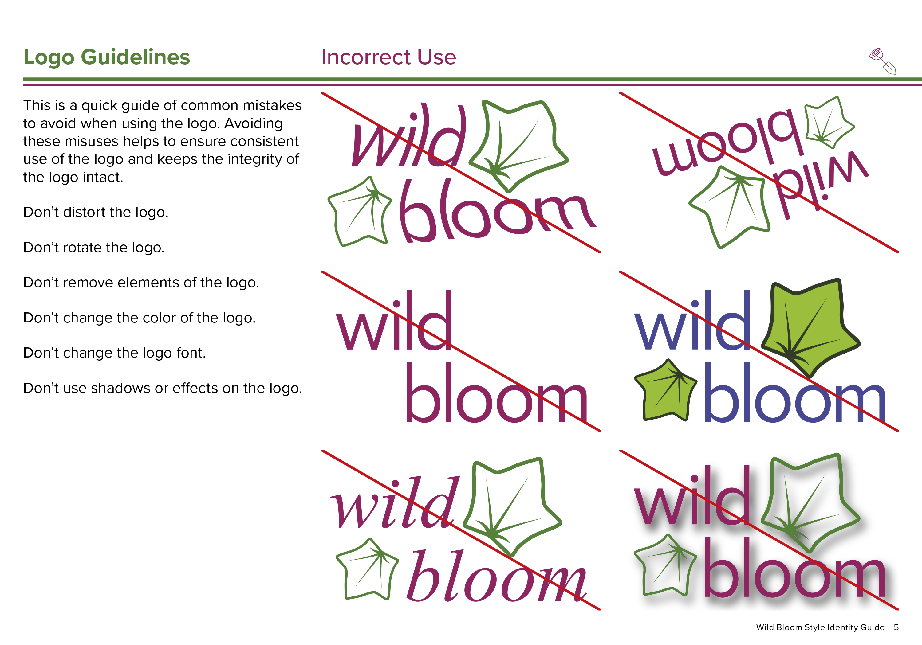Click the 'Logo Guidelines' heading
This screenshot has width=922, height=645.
tap(106, 57)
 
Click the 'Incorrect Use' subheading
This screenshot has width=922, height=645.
tap(389, 57)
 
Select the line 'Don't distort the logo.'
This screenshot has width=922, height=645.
tap(96, 212)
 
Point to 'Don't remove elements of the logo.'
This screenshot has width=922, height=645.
tap(141, 282)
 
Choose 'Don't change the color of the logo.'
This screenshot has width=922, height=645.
tap(139, 318)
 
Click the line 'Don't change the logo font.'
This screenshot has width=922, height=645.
tap(114, 353)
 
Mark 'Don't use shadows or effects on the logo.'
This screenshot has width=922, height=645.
tap(163, 388)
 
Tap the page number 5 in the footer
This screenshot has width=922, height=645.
tap(896, 627)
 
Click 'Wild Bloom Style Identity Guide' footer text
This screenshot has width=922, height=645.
tap(820, 627)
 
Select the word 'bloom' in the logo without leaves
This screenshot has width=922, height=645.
tap(497, 392)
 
